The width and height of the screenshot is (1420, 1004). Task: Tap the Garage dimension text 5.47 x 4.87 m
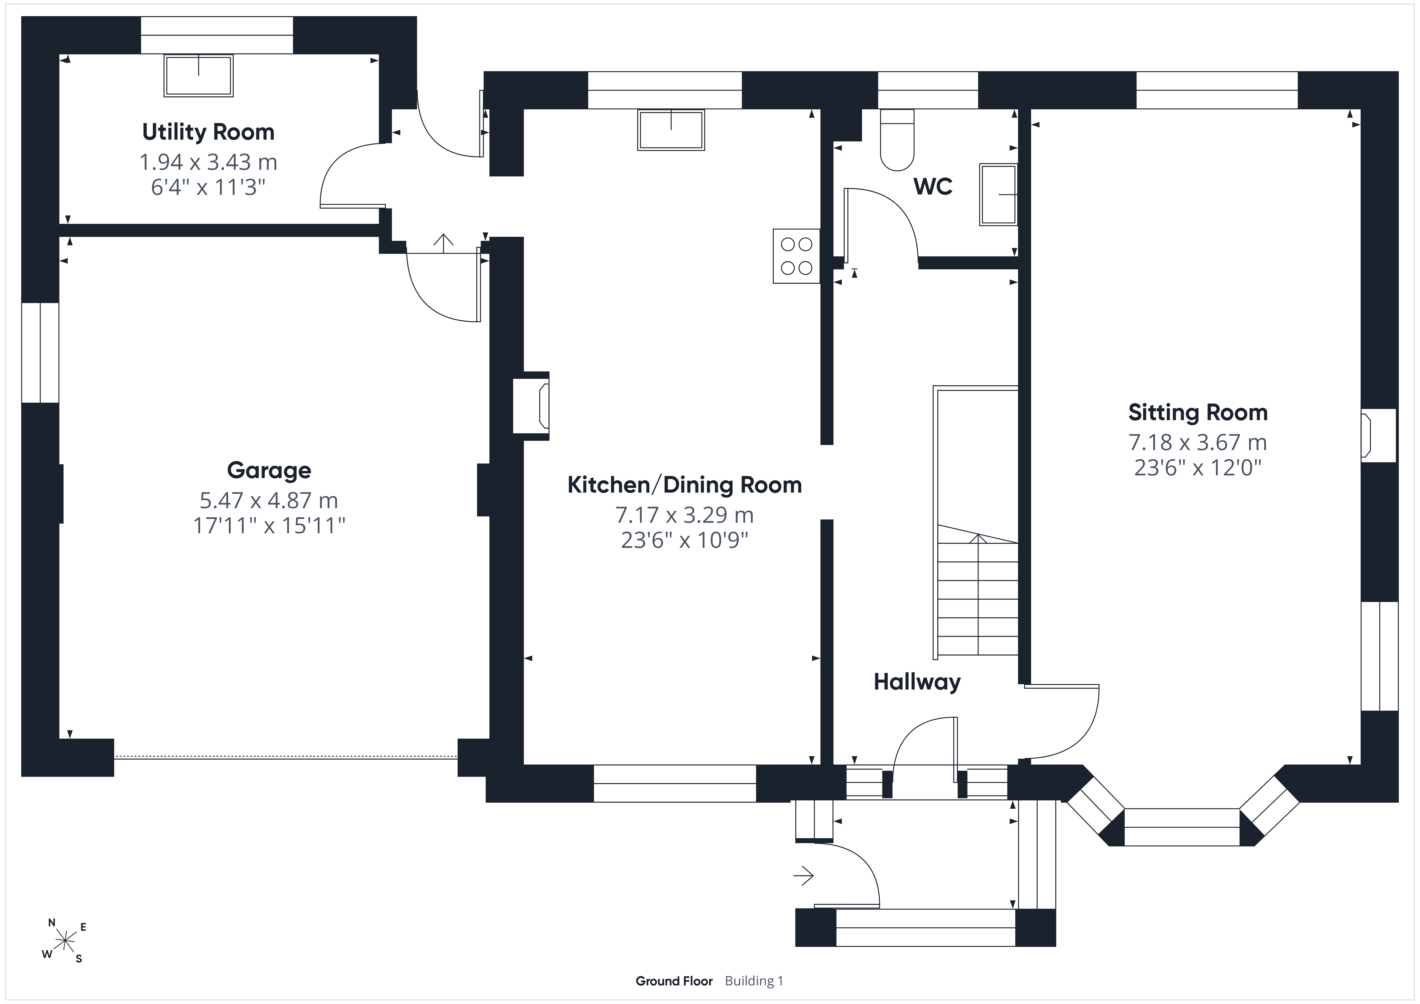coord(268,500)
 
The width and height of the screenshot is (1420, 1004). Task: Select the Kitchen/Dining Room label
coord(685,485)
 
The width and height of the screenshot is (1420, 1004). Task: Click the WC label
coord(933,186)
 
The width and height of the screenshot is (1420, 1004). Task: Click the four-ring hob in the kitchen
coord(797,256)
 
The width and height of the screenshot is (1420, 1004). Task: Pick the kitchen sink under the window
coord(671,130)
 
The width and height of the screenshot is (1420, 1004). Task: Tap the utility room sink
coord(199,75)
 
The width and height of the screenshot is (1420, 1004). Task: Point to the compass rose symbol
coord(64,941)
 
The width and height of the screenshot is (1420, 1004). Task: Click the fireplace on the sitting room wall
coord(1378,435)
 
